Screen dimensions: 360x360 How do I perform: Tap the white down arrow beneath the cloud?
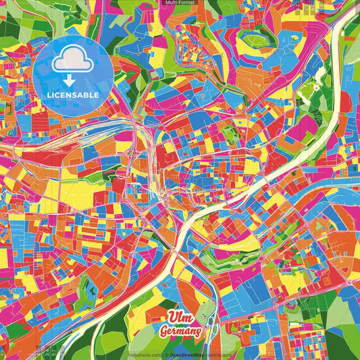tap(68, 80)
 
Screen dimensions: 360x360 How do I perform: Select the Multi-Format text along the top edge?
tap(179, 3)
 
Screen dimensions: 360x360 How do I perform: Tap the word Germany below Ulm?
tap(180, 332)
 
